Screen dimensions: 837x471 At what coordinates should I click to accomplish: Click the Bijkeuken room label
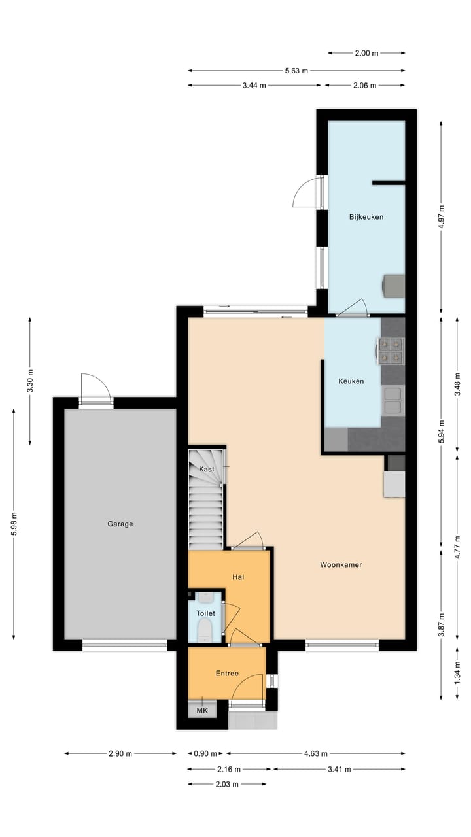366,217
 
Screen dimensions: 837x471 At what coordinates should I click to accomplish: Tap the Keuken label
351,381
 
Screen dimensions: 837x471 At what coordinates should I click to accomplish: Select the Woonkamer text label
341,565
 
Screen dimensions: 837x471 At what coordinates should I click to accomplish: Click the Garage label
120,524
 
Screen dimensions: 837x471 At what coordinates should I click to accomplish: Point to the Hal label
238,577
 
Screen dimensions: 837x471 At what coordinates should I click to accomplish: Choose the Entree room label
227,674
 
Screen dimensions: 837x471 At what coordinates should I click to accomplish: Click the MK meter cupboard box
202,710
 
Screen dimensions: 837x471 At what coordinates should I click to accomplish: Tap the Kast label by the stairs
206,470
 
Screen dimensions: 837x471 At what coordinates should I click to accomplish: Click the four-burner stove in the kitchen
391,350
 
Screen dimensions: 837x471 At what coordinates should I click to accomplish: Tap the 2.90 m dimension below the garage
120,753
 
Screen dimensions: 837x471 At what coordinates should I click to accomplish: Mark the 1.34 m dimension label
457,673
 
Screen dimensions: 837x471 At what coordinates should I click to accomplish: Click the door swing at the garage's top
96,388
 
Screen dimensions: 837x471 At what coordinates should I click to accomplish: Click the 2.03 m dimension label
227,784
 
